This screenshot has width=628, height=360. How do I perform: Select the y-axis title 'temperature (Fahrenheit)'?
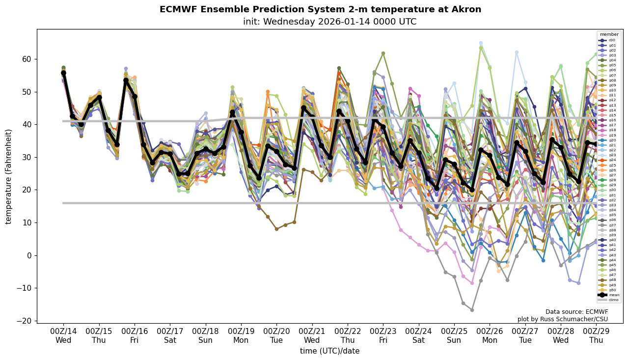click(x=8, y=176)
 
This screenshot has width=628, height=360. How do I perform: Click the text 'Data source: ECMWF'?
click(x=576, y=312)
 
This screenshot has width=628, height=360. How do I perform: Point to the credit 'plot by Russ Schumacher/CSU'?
click(x=563, y=319)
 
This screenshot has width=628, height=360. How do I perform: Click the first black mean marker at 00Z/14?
click(x=63, y=73)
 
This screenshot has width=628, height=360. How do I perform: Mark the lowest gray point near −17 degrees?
click(x=472, y=310)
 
